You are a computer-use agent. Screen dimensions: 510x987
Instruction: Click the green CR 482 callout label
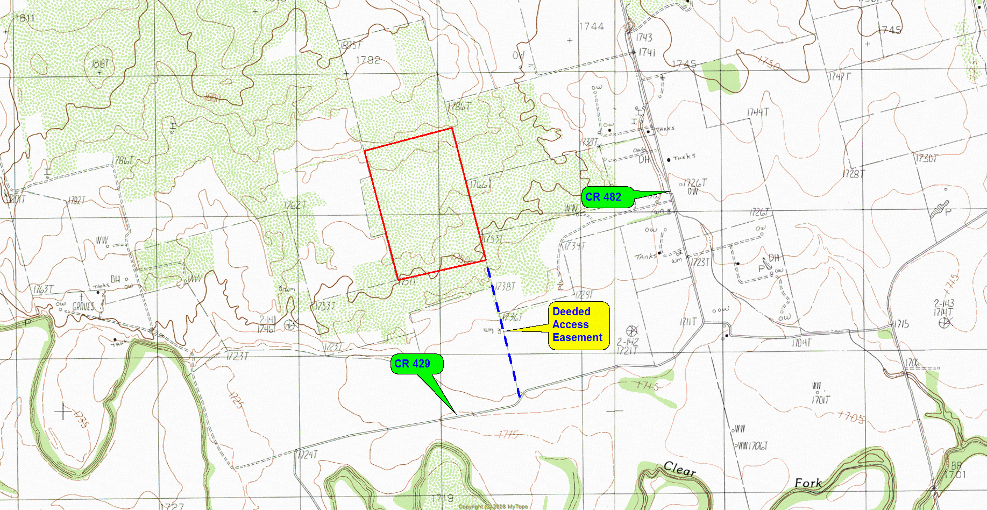click(x=603, y=197)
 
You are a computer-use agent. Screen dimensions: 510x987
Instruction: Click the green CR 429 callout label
click(x=413, y=364)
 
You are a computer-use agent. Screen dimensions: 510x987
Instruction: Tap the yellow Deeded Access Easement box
click(x=578, y=325)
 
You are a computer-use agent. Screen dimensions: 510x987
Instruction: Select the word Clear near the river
click(x=680, y=469)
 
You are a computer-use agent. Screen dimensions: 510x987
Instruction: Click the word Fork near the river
click(x=808, y=483)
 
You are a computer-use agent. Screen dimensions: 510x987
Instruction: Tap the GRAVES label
click(x=83, y=307)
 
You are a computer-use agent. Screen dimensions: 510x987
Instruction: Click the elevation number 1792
click(x=368, y=60)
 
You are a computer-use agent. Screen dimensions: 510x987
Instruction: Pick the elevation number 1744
click(x=592, y=26)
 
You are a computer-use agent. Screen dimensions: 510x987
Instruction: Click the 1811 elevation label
click(x=25, y=18)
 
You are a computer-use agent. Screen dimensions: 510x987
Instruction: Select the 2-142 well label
click(x=628, y=342)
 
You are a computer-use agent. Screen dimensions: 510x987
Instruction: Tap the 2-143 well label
click(x=944, y=303)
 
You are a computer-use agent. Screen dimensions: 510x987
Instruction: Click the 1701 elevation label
click(x=955, y=474)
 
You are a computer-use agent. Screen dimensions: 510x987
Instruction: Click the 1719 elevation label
click(x=443, y=498)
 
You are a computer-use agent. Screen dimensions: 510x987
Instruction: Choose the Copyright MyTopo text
click(x=493, y=506)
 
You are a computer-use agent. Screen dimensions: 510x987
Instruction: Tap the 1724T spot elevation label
click(x=308, y=455)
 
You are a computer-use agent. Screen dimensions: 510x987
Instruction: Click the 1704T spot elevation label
click(x=801, y=343)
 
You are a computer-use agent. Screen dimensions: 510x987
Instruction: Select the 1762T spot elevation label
click(x=295, y=205)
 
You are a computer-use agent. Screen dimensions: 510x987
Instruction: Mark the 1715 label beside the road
click(x=901, y=324)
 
